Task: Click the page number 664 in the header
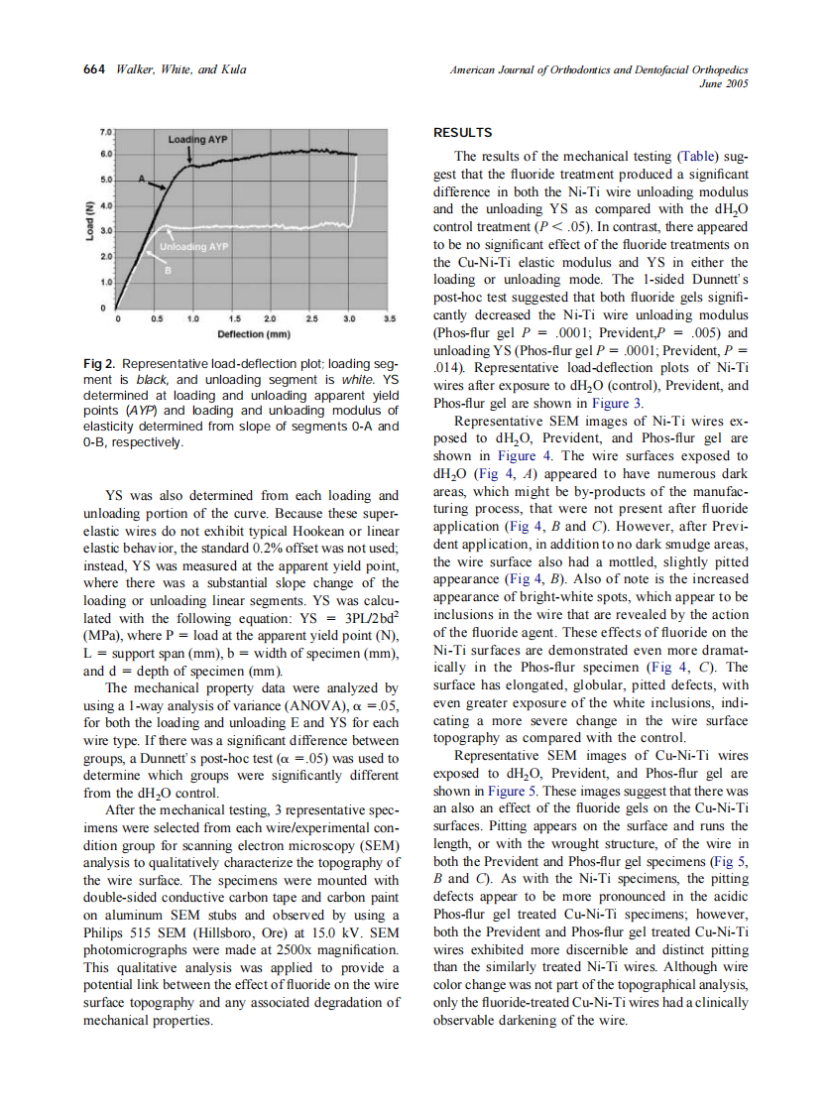[x=94, y=69]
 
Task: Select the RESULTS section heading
[x=462, y=133]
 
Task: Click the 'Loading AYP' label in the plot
[x=197, y=141]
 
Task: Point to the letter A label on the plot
[x=141, y=180]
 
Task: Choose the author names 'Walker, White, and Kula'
[x=180, y=69]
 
